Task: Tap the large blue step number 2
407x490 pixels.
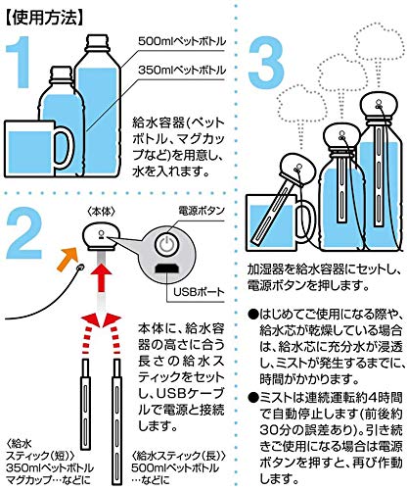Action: click(23, 231)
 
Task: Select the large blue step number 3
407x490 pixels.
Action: click(266, 61)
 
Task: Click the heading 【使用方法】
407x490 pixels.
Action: click(43, 19)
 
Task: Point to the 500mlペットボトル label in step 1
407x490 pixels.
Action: click(182, 41)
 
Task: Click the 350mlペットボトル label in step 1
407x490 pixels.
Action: click(182, 70)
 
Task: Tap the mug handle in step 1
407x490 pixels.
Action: click(66, 148)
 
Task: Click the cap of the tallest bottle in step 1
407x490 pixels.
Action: click(97, 42)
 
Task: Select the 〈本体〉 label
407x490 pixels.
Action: click(102, 212)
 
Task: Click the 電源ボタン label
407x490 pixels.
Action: click(202, 211)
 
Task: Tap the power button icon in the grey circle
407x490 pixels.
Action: click(166, 244)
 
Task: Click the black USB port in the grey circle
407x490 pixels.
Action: click(166, 269)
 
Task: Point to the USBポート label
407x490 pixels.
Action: click(199, 292)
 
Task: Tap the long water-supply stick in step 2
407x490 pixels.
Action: click(116, 421)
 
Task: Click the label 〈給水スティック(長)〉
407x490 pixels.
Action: click(179, 455)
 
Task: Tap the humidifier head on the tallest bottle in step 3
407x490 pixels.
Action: click(379, 105)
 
